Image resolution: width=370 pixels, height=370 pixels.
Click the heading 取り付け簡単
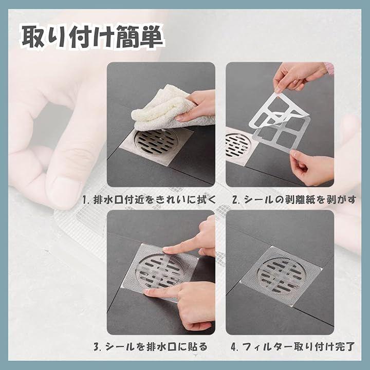click(x=92, y=37)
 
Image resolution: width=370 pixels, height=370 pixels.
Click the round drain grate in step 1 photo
click(x=156, y=143)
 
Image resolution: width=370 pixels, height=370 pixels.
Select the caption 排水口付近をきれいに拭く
click(x=155, y=199)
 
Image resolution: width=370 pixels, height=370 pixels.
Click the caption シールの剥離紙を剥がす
click(x=300, y=199)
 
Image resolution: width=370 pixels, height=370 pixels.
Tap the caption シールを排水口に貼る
click(x=156, y=347)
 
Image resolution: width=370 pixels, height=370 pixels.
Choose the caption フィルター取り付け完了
click(x=298, y=347)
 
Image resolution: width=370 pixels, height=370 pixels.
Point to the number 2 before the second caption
click(x=235, y=200)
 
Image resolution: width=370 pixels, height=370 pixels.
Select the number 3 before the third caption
click(x=97, y=347)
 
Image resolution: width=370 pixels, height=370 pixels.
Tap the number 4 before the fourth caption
click(x=234, y=347)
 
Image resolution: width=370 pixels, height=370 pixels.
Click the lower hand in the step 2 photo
click(x=311, y=168)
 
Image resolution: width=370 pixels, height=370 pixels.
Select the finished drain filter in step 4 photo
click(x=281, y=275)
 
